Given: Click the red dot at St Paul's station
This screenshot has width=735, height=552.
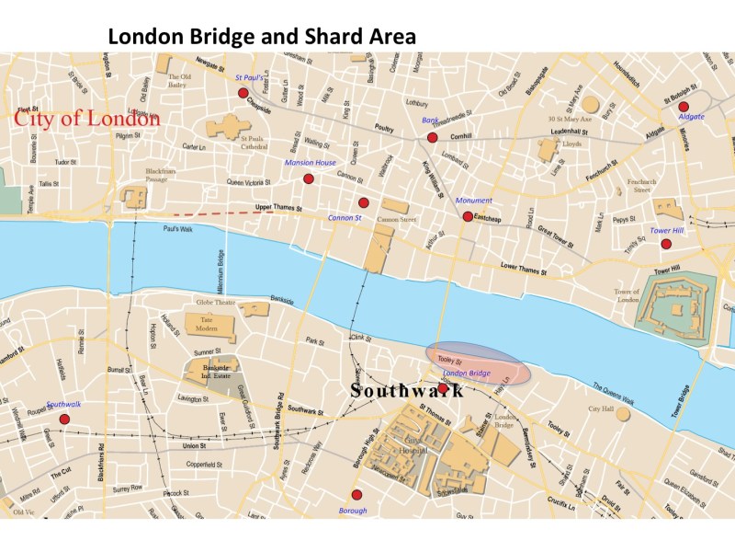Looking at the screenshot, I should click(x=243, y=93).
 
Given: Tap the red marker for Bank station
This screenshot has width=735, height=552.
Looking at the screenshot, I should click(x=432, y=138).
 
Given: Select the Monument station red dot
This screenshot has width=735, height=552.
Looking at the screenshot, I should click(x=468, y=216).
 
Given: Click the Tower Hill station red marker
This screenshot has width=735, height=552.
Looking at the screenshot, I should click(x=666, y=244).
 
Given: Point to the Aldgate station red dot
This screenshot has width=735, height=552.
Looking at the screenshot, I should click(x=683, y=106).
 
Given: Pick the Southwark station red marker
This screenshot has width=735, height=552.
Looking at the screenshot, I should click(x=64, y=420).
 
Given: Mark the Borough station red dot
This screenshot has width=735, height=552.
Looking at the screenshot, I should click(x=356, y=495).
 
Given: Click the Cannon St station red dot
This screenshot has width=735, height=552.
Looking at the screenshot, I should click(x=364, y=202).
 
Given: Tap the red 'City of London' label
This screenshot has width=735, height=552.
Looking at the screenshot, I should click(x=86, y=119).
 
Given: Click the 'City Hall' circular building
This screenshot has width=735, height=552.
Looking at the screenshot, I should click(x=623, y=414).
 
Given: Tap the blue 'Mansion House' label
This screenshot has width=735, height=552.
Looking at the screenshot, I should click(x=311, y=163).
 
